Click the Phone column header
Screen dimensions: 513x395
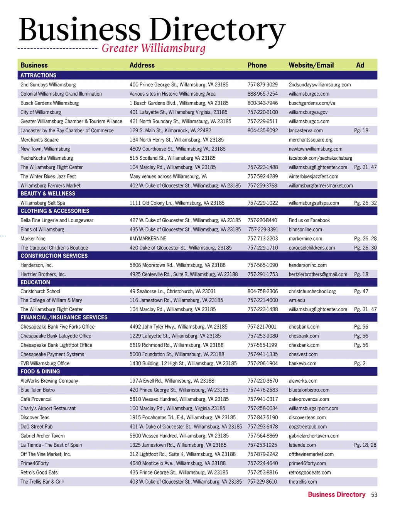(257, 65)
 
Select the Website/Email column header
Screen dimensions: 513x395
(311, 65)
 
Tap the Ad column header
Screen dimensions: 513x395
(360, 65)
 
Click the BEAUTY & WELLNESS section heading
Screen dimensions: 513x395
(48, 194)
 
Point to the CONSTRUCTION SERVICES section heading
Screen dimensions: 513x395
(54, 256)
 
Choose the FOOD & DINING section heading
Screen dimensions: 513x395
(40, 371)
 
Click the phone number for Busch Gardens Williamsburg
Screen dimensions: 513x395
(262, 103)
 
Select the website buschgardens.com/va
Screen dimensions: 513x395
(312, 103)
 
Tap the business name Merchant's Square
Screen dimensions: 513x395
(39, 140)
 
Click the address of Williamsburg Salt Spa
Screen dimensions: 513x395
(177, 203)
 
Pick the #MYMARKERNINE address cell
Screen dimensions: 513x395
(148, 239)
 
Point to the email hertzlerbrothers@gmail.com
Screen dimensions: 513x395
(318, 274)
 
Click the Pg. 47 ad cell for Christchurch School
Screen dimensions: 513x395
(361, 291)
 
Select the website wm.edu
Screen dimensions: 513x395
(297, 300)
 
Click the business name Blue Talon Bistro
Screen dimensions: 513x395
(37, 390)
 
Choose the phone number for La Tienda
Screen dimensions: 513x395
(262, 445)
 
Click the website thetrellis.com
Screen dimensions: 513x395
(302, 482)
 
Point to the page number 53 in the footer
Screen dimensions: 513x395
(374, 495)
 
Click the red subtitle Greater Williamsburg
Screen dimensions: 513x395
(154, 48)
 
